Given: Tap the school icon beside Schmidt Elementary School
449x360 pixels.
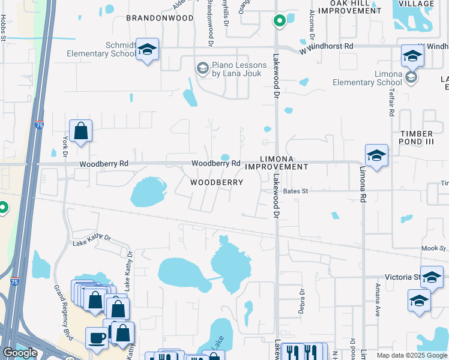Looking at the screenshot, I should (146, 50).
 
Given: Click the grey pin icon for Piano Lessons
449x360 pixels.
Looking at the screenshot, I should (203, 66).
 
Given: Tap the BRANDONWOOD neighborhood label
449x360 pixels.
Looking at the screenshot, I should (160, 18).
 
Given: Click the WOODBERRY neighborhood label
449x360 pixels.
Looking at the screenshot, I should (217, 182).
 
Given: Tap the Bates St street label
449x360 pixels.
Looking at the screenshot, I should (295, 191).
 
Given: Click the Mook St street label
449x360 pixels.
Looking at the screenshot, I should (433, 248).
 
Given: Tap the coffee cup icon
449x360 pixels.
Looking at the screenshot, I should (96, 338).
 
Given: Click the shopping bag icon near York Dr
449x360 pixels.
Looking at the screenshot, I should (80, 131).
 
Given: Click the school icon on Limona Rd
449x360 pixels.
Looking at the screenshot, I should (376, 156).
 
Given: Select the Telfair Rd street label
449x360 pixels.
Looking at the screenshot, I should (391, 104).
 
